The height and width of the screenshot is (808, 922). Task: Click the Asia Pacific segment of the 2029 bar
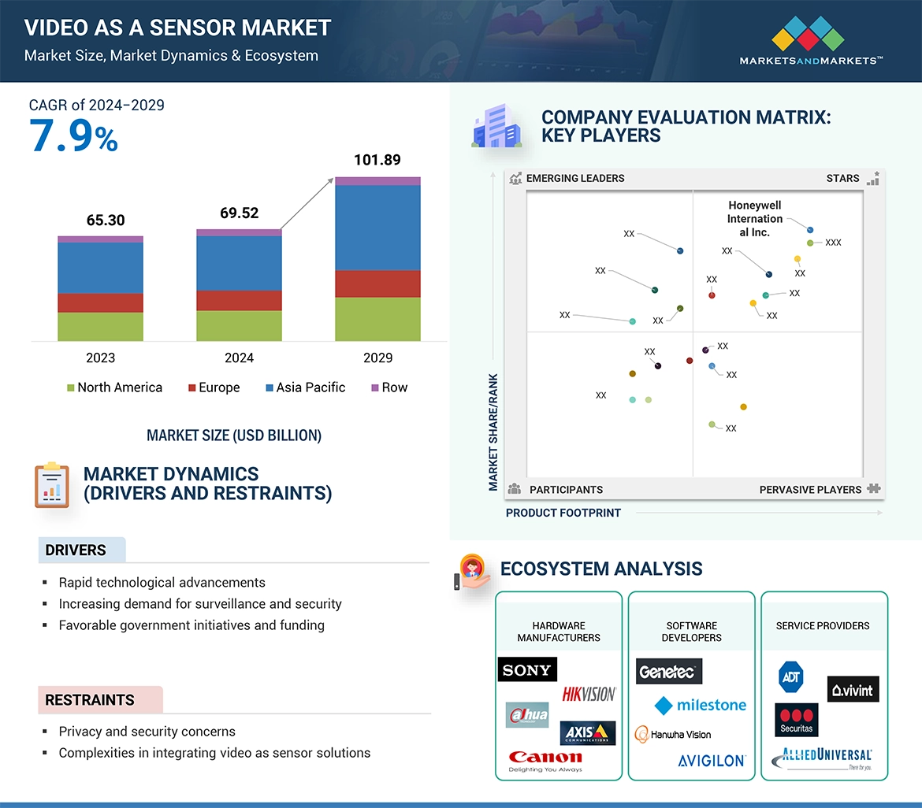[377, 228]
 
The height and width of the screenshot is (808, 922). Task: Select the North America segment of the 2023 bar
[100, 326]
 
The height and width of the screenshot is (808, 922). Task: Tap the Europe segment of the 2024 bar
[239, 300]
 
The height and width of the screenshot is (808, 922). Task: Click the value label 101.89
[377, 160]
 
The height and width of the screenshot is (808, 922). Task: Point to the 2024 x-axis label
[239, 358]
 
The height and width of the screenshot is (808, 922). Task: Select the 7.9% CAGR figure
[73, 136]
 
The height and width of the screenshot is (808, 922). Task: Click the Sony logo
[527, 670]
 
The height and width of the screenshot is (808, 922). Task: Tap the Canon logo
[545, 760]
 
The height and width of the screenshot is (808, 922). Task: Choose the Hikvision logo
[589, 694]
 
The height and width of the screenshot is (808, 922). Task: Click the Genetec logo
[668, 672]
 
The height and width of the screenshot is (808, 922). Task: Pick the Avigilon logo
[712, 761]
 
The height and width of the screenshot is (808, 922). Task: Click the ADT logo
[790, 676]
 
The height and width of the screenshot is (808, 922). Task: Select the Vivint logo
[853, 690]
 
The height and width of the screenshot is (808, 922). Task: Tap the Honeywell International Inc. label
[755, 219]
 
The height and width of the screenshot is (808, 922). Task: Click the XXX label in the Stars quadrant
[833, 243]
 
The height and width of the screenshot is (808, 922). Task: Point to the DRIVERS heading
[76, 550]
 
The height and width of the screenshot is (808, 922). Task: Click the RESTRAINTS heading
[90, 700]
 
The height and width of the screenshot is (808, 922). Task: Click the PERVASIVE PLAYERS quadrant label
[810, 490]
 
